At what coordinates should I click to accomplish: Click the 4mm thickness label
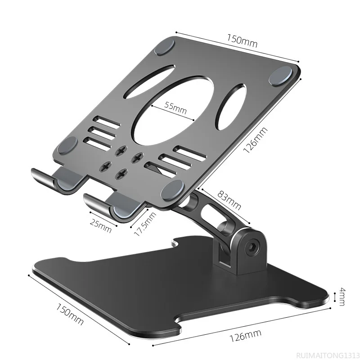coord(342,297)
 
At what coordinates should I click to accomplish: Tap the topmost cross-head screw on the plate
coord(121,152)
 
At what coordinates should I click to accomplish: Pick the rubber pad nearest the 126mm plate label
coord(280,77)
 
